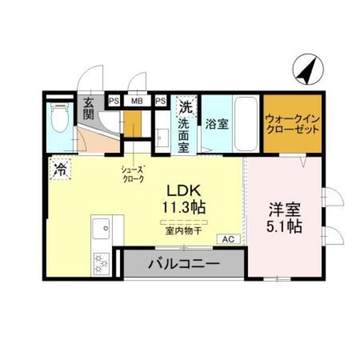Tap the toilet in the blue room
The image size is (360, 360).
(x=60, y=118)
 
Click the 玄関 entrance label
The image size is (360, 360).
(x=88, y=109)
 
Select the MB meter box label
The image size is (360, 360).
(x=137, y=101)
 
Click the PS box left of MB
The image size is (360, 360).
(x=114, y=101)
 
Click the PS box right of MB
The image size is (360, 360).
(x=160, y=101)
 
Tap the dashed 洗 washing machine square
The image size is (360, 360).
(x=186, y=107)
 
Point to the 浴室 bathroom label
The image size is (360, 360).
(x=217, y=124)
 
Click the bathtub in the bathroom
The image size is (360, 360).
(x=246, y=124)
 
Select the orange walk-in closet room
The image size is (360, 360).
(x=292, y=124)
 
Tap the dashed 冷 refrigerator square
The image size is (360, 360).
(x=60, y=169)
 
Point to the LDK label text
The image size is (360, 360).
(x=184, y=191)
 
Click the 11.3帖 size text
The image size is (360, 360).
(x=184, y=207)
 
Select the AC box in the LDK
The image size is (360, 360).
(x=228, y=239)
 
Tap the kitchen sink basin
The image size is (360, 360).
(x=101, y=228)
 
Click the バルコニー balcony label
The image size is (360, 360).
(x=184, y=264)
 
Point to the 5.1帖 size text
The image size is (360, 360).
(x=284, y=227)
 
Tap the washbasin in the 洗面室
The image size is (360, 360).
(x=161, y=138)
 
